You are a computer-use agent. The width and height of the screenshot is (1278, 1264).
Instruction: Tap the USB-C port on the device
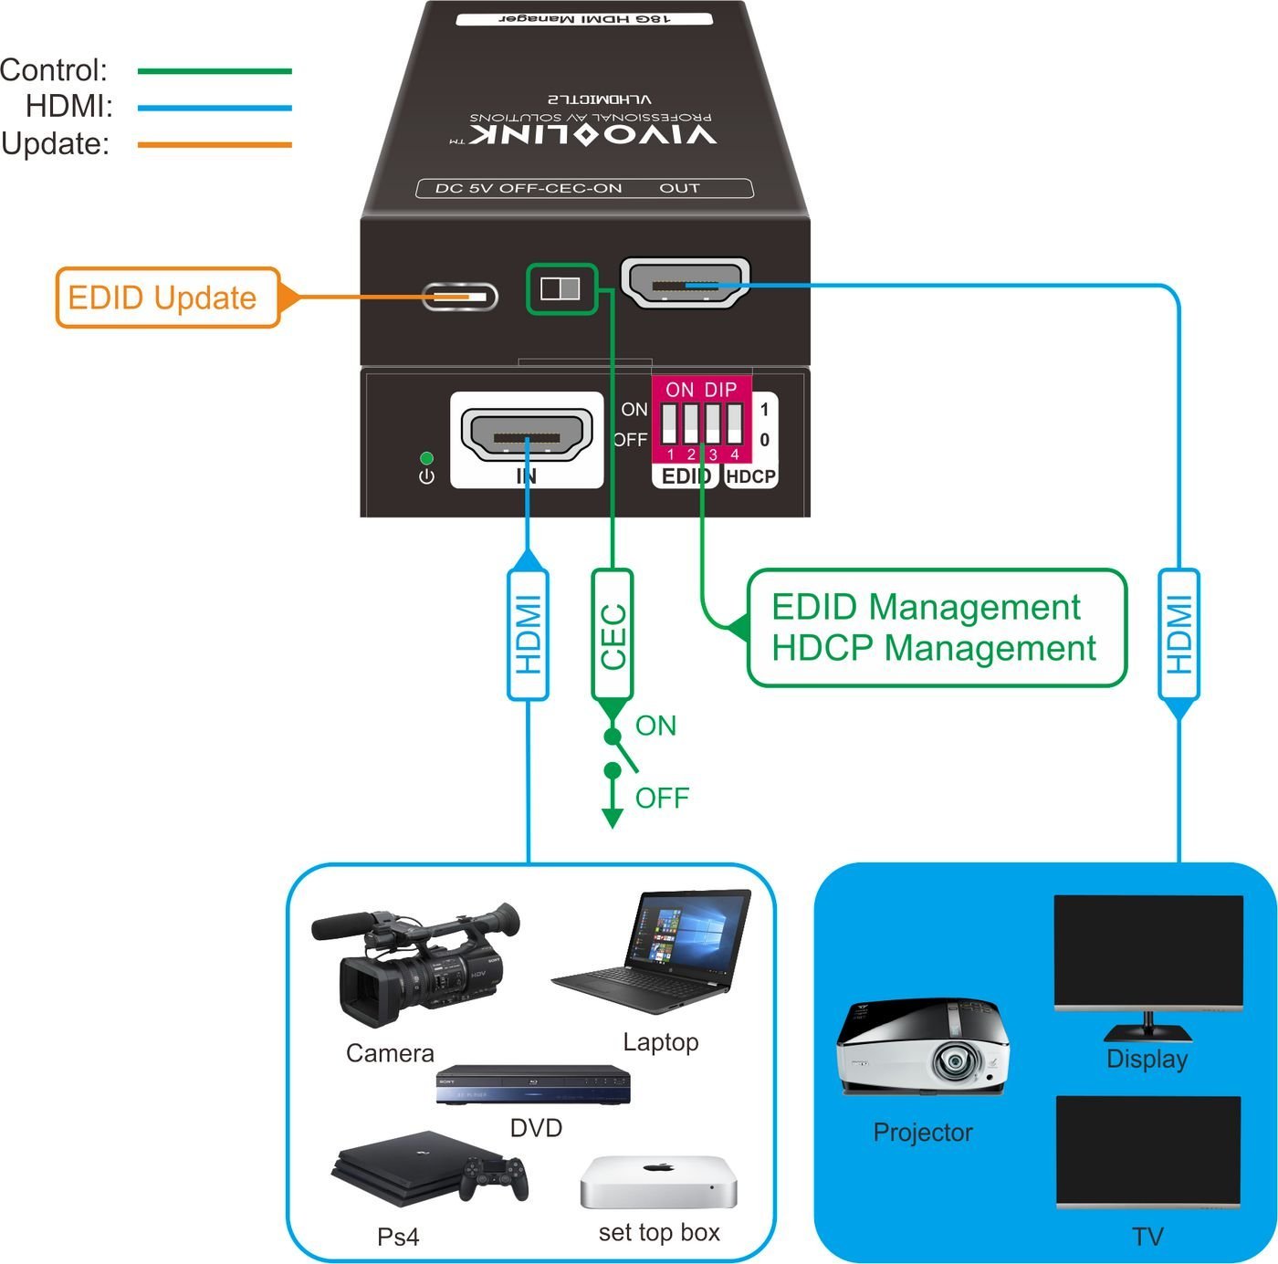460,297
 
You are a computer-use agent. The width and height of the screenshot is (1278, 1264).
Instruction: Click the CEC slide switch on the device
560,289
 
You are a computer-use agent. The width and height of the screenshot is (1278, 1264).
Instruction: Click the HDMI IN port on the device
527,437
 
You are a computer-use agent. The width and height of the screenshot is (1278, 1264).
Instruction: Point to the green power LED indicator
425,458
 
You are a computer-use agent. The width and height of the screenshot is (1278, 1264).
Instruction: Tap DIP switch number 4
734,424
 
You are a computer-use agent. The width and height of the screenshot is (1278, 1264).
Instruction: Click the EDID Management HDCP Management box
936,628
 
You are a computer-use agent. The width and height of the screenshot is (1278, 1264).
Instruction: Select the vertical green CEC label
613,635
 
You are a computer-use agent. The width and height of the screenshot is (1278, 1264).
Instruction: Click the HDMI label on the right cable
1178,635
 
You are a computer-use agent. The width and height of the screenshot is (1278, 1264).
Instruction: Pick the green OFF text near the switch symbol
661,798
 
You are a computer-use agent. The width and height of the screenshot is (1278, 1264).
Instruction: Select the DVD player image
533,1084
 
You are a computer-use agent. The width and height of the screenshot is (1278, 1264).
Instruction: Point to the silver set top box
658,1181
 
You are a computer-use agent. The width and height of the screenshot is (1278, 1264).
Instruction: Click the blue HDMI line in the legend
215,108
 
